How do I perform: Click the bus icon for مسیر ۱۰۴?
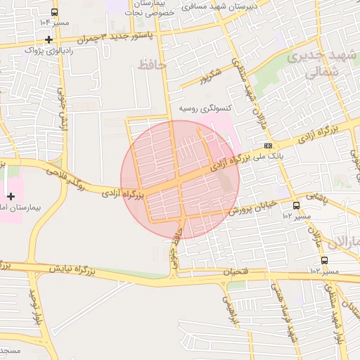[x=55, y=13]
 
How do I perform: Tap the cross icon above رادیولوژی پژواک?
[x=48, y=39]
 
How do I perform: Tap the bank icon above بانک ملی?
[x=269, y=145]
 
